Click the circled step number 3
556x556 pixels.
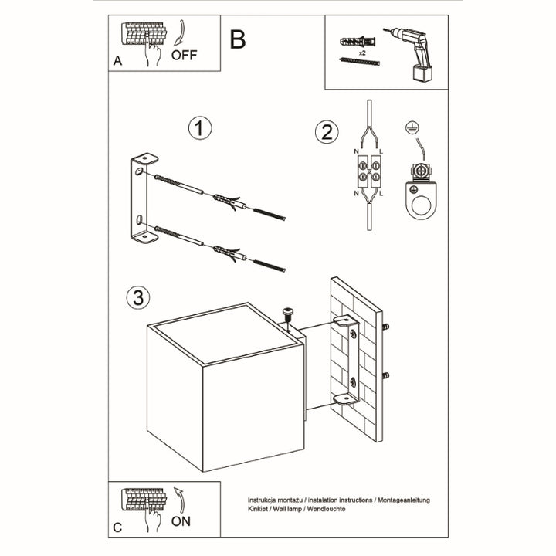pyautogui.click(x=137, y=297)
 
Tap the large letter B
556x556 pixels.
pyautogui.click(x=238, y=39)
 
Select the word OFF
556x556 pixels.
pyautogui.click(x=184, y=56)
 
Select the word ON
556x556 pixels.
pyautogui.click(x=181, y=521)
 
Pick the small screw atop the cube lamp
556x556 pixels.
pyautogui.click(x=288, y=314)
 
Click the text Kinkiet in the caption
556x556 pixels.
pyautogui.click(x=261, y=510)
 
